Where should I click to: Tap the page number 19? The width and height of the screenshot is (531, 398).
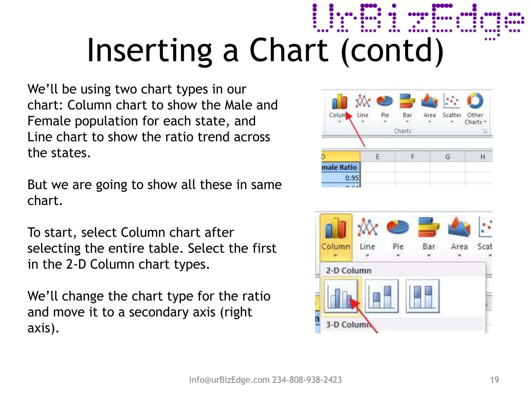click(x=494, y=380)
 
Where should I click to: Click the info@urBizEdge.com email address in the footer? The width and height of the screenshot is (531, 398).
click(x=229, y=380)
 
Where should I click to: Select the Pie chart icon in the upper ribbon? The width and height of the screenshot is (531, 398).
click(x=385, y=101)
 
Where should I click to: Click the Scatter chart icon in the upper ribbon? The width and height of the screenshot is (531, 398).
click(x=451, y=101)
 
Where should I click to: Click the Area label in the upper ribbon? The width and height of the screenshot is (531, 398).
click(x=429, y=115)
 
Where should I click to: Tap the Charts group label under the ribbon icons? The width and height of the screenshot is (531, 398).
click(x=402, y=131)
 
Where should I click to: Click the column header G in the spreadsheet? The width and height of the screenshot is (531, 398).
click(x=448, y=157)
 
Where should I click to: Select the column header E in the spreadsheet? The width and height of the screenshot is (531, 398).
click(x=378, y=157)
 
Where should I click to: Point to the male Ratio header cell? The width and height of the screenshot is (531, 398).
click(x=340, y=167)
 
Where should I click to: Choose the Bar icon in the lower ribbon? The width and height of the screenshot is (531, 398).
click(x=429, y=228)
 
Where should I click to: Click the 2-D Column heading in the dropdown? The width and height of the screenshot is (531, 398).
click(x=348, y=271)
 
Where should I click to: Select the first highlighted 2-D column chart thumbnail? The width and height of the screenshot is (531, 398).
click(x=340, y=296)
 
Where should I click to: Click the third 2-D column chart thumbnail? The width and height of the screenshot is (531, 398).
click(x=422, y=296)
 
